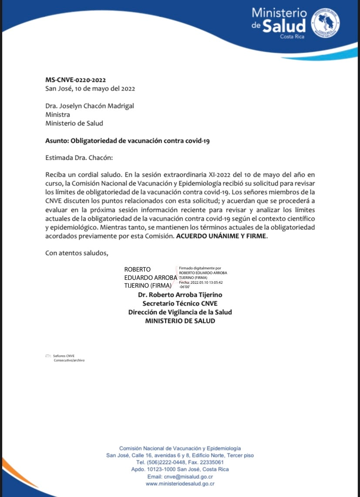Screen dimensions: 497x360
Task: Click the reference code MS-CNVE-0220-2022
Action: [76, 80]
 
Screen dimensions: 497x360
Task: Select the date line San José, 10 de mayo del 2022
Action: [90, 89]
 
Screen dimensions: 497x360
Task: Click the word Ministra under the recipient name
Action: [57, 114]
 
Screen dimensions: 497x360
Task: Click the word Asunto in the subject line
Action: [57, 141]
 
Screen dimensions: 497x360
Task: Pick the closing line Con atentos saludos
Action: [77, 253]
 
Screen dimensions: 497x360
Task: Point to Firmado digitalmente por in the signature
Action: [200, 269]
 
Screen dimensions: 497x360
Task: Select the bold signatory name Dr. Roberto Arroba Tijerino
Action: [180, 295]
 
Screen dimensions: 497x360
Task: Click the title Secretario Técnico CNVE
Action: [180, 303]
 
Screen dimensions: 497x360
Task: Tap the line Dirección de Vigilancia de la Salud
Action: [180, 312]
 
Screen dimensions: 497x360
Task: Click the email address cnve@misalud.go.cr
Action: [188, 477]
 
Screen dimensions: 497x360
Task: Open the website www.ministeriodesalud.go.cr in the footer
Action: [180, 484]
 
